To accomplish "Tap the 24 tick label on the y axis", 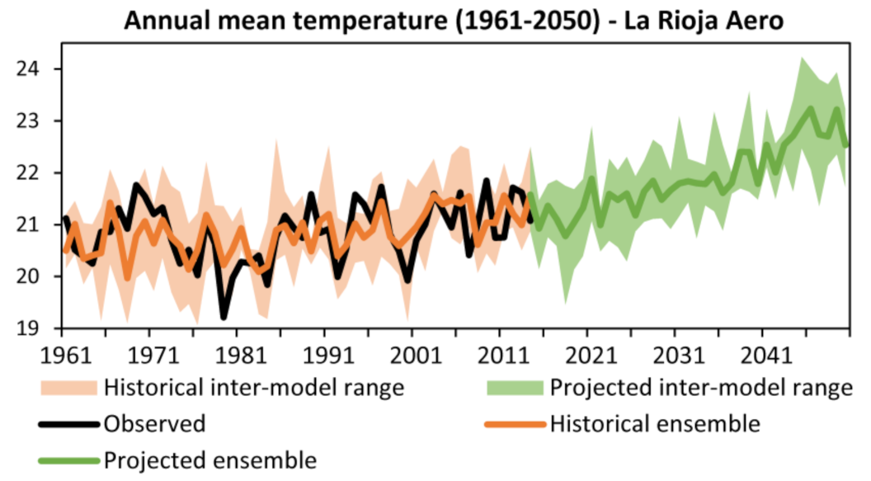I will [x=29, y=69].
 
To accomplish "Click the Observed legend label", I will [x=154, y=424].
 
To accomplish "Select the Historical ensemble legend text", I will [x=654, y=424].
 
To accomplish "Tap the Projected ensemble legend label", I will [x=210, y=460].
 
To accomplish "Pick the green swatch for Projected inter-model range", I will [x=515, y=387].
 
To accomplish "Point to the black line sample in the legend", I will [x=70, y=424].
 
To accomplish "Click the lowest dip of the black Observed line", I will [x=224, y=317].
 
